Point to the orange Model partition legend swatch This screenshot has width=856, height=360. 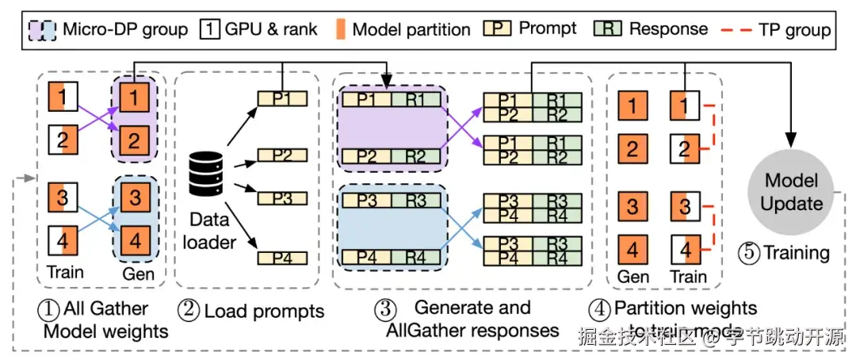(342, 30)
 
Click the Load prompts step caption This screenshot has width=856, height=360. (254, 311)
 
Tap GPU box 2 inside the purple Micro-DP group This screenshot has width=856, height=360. (135, 141)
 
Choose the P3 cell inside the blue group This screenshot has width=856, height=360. (365, 199)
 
